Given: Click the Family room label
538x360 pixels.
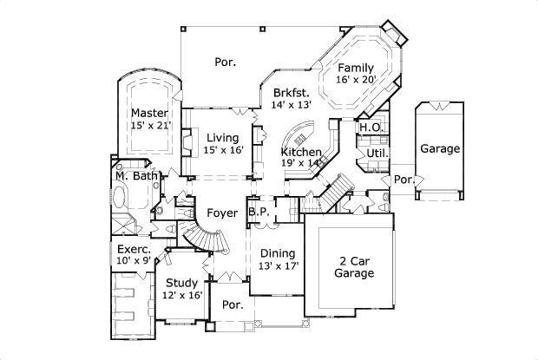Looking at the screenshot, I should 356,68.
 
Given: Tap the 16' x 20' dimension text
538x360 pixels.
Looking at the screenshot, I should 356,80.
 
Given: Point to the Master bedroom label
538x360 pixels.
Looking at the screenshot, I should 149,113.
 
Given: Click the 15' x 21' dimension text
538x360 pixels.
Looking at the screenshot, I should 149,125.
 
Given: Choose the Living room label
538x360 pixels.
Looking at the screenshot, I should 223,137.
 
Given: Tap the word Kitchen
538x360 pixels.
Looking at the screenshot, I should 300,150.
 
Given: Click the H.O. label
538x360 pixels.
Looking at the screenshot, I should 371,128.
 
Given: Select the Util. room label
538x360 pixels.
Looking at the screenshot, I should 377,153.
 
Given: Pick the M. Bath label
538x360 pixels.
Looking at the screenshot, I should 136,177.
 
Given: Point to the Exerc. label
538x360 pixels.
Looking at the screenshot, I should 134,248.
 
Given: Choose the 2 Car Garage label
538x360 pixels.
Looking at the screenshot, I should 354,266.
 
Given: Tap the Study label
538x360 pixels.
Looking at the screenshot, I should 182,283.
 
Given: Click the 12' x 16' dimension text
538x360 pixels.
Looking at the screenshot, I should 182,295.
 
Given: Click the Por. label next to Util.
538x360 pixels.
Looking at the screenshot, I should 402,180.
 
